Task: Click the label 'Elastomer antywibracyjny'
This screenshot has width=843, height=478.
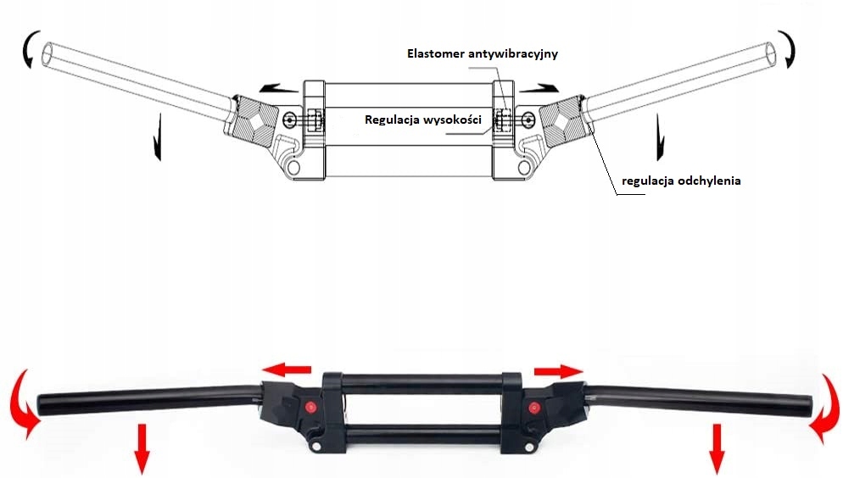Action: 481,53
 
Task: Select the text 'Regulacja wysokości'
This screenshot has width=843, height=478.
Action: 423,119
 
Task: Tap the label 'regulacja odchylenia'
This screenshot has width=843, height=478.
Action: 681,181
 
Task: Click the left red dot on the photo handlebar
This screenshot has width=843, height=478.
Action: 310,407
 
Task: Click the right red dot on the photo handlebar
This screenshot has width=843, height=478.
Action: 534,409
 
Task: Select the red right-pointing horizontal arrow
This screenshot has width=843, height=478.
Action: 559,370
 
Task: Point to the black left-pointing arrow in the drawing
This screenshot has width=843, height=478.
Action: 277,86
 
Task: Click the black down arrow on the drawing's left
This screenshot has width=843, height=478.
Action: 157,141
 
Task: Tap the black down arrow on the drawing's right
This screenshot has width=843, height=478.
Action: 659,139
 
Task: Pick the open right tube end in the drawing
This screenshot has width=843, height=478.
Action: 770,54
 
